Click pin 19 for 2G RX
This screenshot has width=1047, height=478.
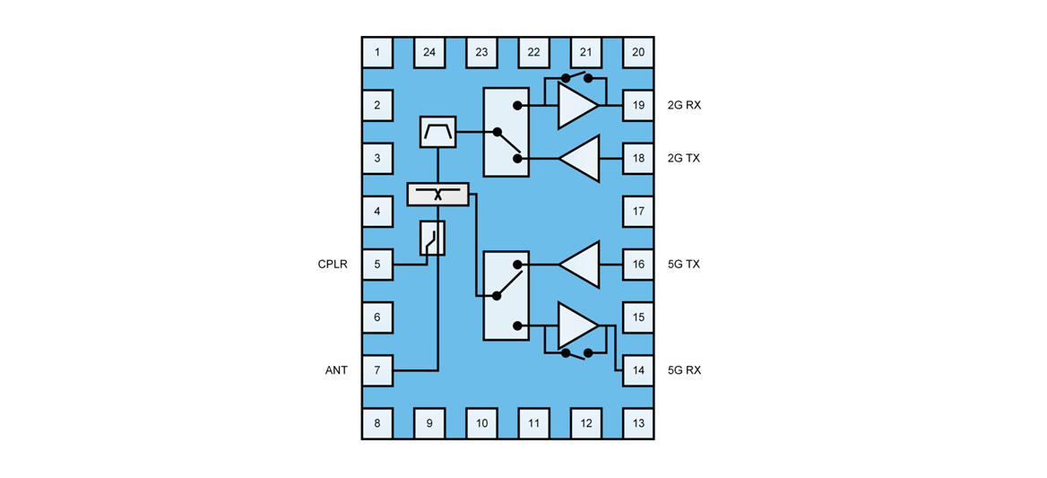[x=638, y=105]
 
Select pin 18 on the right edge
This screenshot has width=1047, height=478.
[x=638, y=158]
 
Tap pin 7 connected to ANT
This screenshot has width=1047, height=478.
[x=377, y=369]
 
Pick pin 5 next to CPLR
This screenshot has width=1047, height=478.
[x=377, y=265]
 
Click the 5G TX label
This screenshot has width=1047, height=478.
[x=684, y=265]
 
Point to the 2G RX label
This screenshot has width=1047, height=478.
[x=684, y=105]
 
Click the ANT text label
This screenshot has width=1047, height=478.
[x=336, y=369]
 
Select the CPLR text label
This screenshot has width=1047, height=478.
[x=333, y=265]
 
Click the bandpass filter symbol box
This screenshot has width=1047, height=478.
[x=437, y=133]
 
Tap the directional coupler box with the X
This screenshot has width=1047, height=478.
[x=437, y=194]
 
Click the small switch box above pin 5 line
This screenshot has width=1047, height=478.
[x=432, y=239]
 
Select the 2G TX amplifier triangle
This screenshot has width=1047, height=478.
[x=581, y=158]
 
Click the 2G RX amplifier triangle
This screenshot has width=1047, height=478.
[x=575, y=105]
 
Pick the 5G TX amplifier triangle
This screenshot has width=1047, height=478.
[x=581, y=265]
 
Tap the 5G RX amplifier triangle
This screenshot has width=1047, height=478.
[x=575, y=326]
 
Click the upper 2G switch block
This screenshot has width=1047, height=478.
[x=506, y=132]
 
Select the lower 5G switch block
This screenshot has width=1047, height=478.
[x=506, y=295]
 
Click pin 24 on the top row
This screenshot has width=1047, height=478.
[x=429, y=52]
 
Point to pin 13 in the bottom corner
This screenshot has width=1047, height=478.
[x=638, y=422]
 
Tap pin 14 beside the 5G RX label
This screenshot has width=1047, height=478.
[x=638, y=369]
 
